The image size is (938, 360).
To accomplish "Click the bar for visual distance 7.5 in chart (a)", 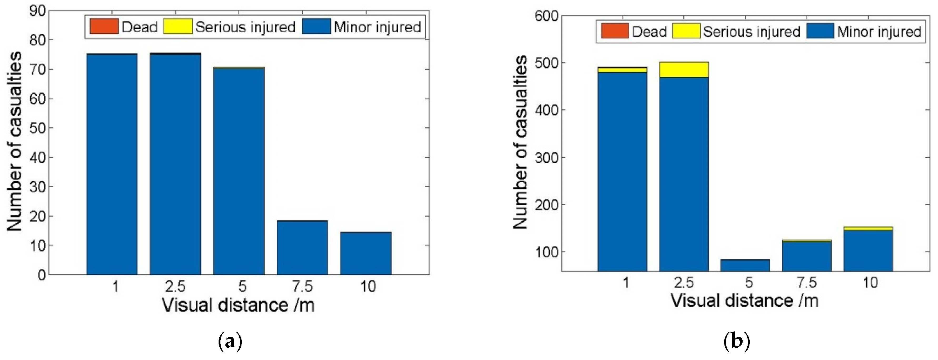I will pyautogui.click(x=302, y=248).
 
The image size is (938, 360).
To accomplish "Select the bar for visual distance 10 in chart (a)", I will pyautogui.click(x=366, y=253).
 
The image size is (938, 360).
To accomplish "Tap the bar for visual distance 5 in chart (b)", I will pyautogui.click(x=745, y=265).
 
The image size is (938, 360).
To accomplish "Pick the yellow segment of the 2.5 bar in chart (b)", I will pyautogui.click(x=683, y=69).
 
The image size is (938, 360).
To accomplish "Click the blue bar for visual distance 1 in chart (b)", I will pyautogui.click(x=622, y=171).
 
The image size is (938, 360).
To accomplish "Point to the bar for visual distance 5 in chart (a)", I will pyautogui.click(x=239, y=171).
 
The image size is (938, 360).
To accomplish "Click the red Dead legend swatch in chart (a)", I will pyautogui.click(x=104, y=26).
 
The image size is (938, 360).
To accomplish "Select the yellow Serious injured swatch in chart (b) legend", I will pyautogui.click(x=686, y=31).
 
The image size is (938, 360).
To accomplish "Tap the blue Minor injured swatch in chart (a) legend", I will pyautogui.click(x=316, y=26).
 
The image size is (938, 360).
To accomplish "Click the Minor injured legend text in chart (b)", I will pyautogui.click(x=879, y=32).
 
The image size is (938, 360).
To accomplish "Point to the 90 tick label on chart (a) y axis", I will pyautogui.click(x=37, y=11).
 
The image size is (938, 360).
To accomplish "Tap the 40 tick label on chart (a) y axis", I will pyautogui.click(x=37, y=158).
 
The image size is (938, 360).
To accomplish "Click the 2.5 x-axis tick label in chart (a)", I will pyautogui.click(x=175, y=287).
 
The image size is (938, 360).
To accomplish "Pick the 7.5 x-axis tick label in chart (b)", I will pyautogui.click(x=807, y=282).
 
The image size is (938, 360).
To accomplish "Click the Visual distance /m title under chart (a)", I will pyautogui.click(x=239, y=305).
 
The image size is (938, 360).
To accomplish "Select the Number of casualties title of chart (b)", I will pyautogui.click(x=520, y=142).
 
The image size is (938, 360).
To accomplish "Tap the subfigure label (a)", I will pyautogui.click(x=230, y=342).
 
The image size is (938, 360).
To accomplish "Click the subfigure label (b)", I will pyautogui.click(x=737, y=342).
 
